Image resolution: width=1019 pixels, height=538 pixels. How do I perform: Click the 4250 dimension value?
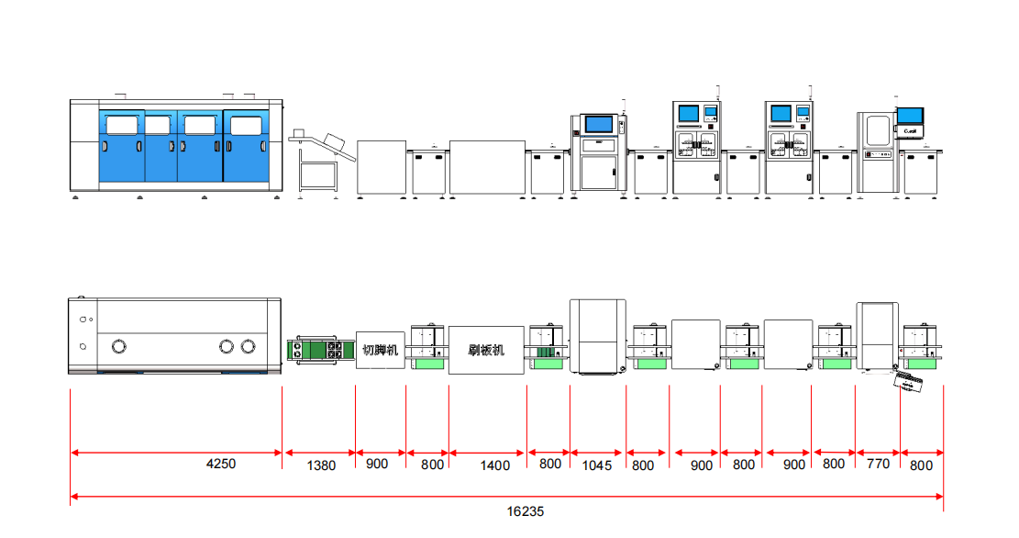(221, 464)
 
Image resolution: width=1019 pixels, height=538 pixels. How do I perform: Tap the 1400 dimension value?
(495, 465)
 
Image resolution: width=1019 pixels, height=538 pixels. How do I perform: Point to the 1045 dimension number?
(596, 465)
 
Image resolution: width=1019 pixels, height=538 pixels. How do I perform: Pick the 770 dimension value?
(878, 464)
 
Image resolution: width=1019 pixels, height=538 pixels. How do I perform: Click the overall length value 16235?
(526, 511)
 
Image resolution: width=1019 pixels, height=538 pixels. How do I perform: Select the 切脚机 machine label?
(380, 350)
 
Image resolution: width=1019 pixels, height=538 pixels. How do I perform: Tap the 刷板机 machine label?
(486, 350)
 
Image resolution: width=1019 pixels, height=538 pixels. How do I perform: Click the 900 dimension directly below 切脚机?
(377, 464)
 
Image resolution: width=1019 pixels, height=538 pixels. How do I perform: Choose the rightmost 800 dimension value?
(921, 465)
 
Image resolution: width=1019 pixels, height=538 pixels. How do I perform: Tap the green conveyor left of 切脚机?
(319, 351)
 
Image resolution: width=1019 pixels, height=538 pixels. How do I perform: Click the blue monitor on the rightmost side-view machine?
(910, 116)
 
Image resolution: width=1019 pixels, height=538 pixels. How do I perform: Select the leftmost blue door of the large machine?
(121, 147)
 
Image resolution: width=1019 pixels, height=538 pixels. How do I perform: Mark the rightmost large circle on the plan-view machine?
(248, 346)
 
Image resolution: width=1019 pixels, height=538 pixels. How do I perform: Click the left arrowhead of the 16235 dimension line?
(73, 498)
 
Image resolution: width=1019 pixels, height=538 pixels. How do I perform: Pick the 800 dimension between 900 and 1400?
(433, 465)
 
